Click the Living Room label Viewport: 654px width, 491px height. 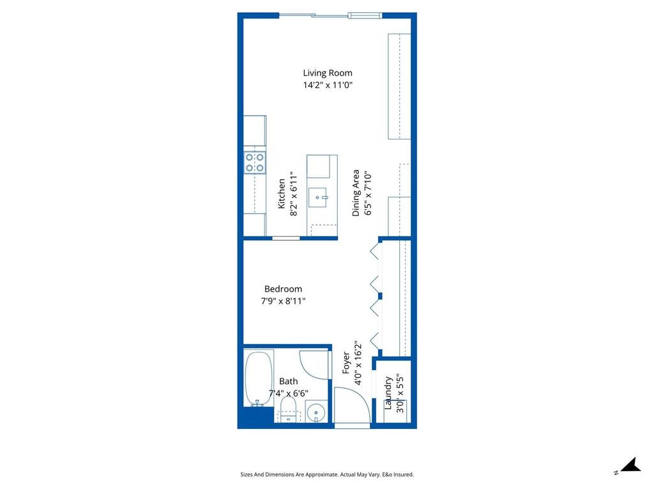327,73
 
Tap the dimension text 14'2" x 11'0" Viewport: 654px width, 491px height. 328,85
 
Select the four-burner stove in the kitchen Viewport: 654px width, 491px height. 255,162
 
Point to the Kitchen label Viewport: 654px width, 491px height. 282,194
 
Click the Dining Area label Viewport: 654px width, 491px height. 356,193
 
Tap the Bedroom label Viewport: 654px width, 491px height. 283,289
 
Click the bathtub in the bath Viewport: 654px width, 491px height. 258,378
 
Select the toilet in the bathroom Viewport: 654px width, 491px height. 290,409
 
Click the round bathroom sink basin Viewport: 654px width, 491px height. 316,412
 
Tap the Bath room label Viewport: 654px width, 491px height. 288,382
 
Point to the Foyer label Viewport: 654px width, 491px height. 346,363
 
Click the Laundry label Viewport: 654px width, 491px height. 388,393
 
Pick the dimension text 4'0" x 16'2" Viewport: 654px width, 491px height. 358,363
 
